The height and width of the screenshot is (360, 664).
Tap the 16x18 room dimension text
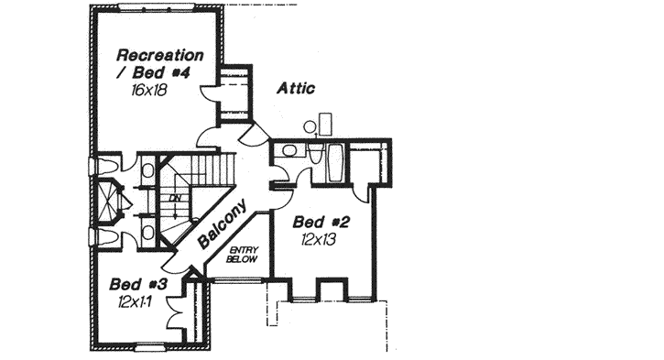click(147, 91)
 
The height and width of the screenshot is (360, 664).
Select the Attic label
click(296, 89)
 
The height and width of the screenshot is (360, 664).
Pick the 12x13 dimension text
click(318, 240)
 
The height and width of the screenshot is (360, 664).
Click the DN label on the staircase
click(174, 197)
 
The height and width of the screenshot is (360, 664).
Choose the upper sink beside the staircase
click(147, 169)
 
